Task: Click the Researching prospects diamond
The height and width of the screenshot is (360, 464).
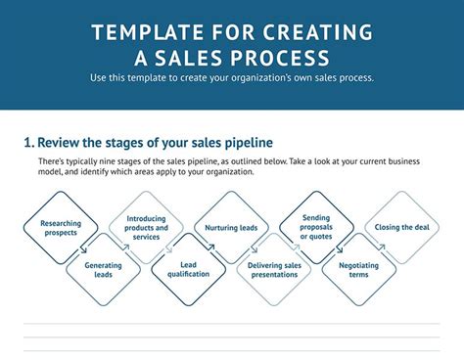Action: click(x=61, y=228)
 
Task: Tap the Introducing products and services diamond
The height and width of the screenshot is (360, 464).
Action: click(x=146, y=228)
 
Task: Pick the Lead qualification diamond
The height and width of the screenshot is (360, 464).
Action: click(x=189, y=270)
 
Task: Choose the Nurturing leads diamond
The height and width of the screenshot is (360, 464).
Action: click(x=231, y=228)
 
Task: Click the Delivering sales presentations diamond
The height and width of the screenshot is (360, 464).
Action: click(x=273, y=270)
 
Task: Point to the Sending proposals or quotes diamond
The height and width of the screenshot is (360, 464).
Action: click(x=316, y=228)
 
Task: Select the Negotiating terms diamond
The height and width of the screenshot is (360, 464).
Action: click(x=358, y=270)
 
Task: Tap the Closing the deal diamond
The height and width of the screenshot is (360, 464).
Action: click(x=400, y=228)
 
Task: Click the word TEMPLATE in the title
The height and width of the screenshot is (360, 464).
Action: click(x=146, y=32)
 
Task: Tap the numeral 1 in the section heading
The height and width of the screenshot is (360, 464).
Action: click(x=27, y=143)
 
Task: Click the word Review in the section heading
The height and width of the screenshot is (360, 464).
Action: click(x=62, y=143)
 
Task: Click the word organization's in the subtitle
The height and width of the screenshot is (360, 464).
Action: click(x=266, y=78)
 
